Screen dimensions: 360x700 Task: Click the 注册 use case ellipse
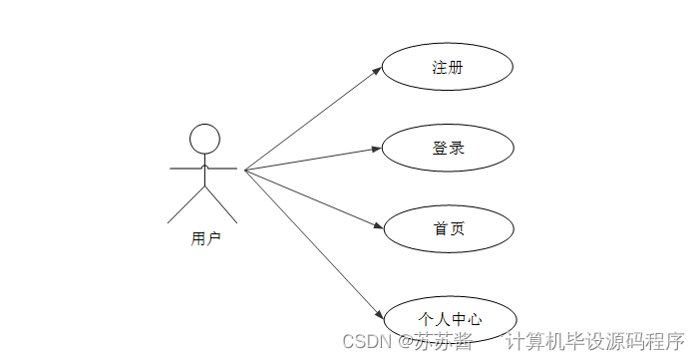pyautogui.click(x=448, y=68)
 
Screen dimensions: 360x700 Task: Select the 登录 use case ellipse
pyautogui.click(x=448, y=149)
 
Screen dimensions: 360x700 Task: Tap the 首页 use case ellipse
pyautogui.click(x=448, y=228)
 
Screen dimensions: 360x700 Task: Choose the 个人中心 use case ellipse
pyautogui.click(x=450, y=319)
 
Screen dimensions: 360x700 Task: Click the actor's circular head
pyautogui.click(x=204, y=139)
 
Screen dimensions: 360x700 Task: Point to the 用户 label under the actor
pyautogui.click(x=205, y=239)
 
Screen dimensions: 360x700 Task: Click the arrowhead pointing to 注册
pyautogui.click(x=377, y=70)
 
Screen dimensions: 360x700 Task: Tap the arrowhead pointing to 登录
pyautogui.click(x=377, y=150)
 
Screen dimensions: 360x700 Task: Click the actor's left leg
pyautogui.click(x=185, y=204)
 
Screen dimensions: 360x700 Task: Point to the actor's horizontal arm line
pyautogui.click(x=203, y=170)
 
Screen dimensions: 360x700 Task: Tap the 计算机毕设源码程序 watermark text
pyautogui.click(x=596, y=341)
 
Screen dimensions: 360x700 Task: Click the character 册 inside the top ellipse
pyautogui.click(x=457, y=68)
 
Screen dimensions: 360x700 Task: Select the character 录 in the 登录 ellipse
pyautogui.click(x=457, y=149)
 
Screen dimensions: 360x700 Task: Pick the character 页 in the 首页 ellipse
pyautogui.click(x=457, y=228)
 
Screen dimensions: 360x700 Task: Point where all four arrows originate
pyautogui.click(x=245, y=170)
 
